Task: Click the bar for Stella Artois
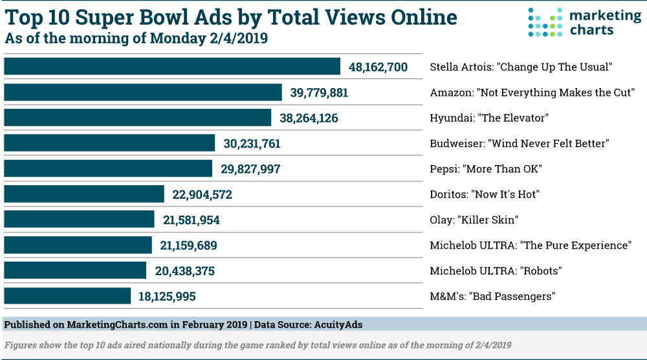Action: [172, 67]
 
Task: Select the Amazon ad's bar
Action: [143, 93]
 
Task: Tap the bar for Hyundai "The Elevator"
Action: [138, 118]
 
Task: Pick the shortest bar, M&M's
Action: [67, 297]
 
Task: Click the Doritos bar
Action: [84, 194]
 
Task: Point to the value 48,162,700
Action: [378, 67]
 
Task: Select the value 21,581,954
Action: [192, 220]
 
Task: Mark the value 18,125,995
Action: [167, 297]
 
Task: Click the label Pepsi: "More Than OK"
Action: [485, 169]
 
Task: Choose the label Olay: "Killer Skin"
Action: [474, 220]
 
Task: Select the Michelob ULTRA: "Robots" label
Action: [496, 271]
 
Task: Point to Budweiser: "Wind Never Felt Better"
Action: [520, 144]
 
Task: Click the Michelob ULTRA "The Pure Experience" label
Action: [530, 245]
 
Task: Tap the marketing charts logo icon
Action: [543, 22]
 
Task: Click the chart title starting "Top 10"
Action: [231, 17]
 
